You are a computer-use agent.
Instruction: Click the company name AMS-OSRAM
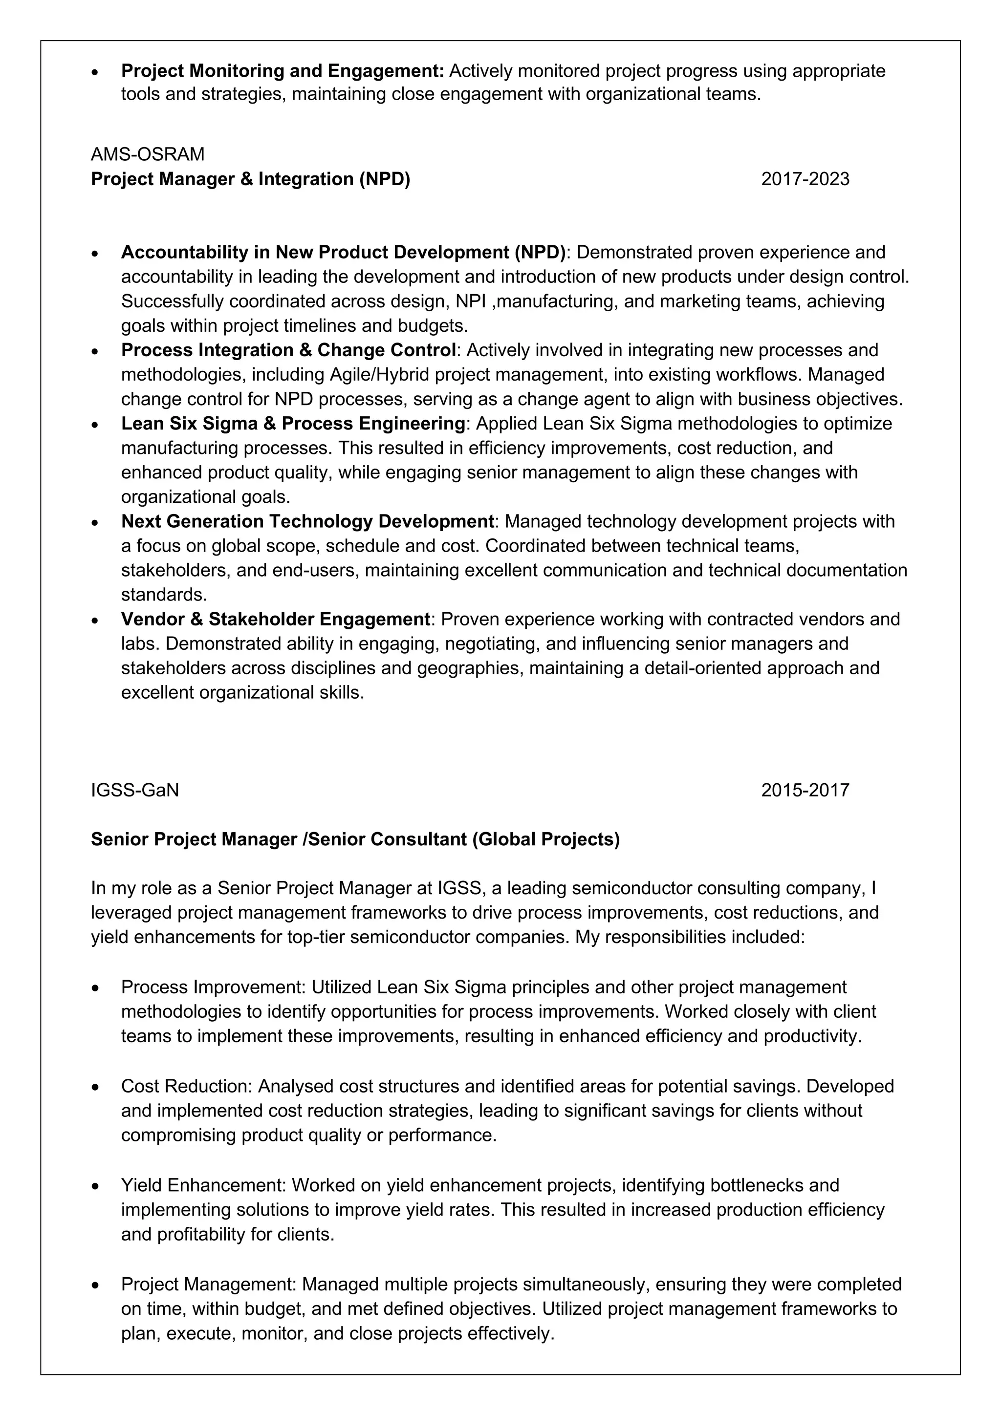click(147, 154)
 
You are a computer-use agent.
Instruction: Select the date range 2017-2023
click(805, 179)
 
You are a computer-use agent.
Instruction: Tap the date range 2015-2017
click(805, 790)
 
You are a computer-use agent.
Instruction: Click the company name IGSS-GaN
click(134, 790)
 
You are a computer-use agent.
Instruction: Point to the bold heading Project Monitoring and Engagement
click(283, 71)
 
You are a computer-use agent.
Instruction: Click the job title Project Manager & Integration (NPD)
click(250, 179)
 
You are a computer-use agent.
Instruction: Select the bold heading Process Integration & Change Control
click(288, 350)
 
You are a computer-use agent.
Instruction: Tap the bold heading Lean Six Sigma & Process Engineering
click(293, 424)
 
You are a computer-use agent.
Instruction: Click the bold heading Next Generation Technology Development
click(307, 521)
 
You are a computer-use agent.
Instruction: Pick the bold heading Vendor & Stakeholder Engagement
click(275, 619)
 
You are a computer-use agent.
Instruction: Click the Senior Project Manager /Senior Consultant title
click(355, 839)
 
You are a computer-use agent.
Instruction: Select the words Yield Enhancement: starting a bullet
click(203, 1185)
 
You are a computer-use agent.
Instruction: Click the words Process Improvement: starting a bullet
click(213, 987)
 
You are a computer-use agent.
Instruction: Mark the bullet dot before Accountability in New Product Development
click(95, 253)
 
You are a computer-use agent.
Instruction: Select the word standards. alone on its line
click(164, 595)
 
